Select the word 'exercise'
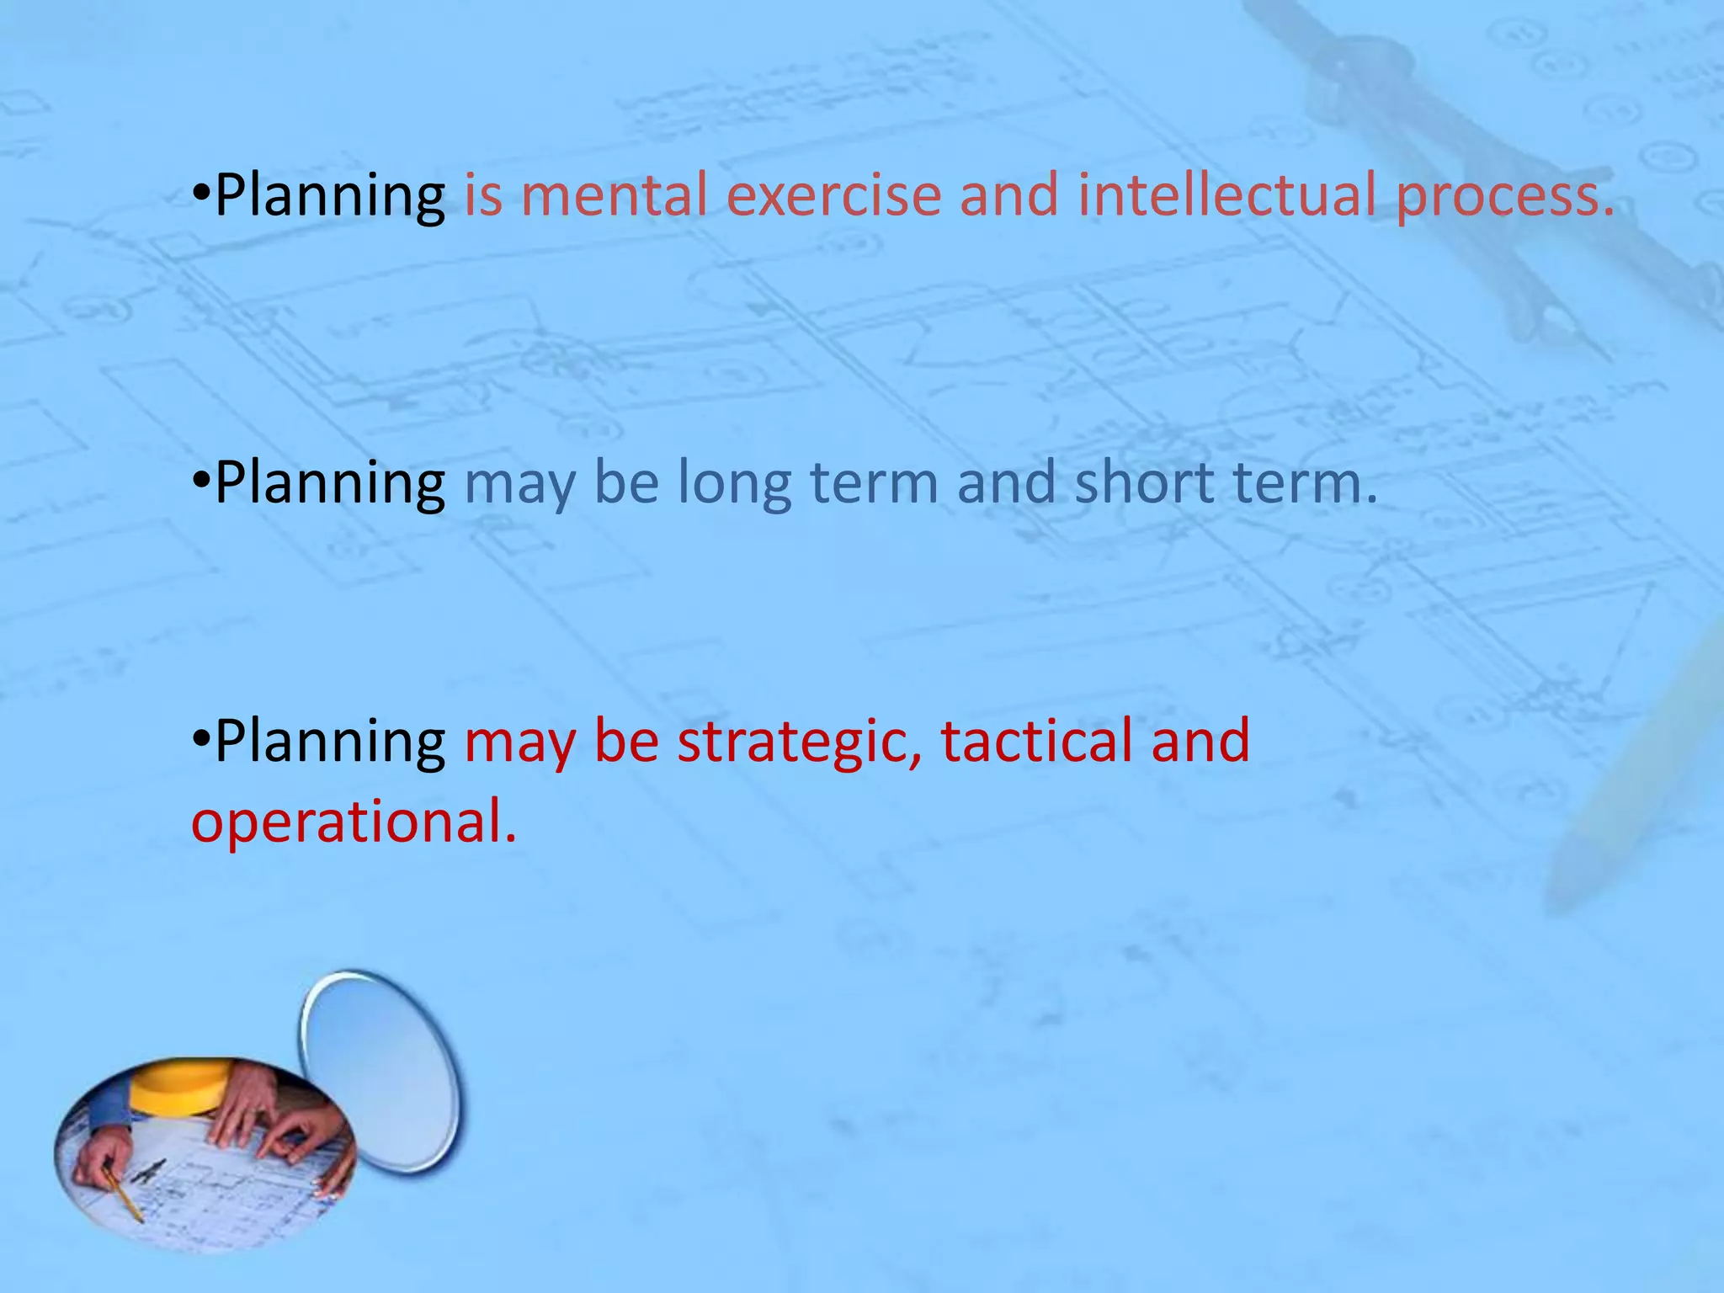pos(833,195)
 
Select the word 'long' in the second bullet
pos(734,487)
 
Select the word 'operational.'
pos(354,823)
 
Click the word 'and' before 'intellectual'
pos(1008,195)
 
